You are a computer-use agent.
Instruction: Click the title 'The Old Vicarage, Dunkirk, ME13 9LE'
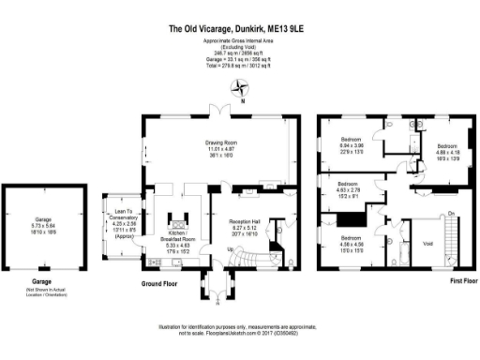tap(239, 29)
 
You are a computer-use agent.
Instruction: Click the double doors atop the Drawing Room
tap(221, 112)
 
